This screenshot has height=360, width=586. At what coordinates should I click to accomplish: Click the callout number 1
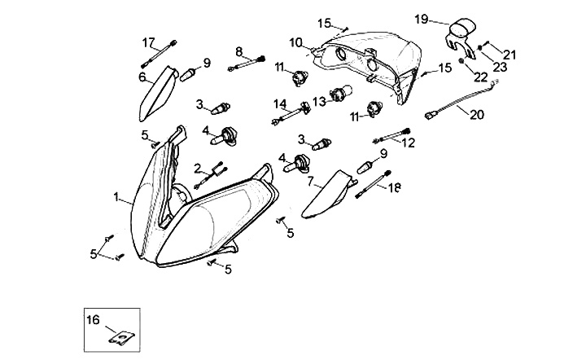point(117,196)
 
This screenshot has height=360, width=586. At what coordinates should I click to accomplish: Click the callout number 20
point(476,115)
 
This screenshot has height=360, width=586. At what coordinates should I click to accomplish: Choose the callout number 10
point(295,42)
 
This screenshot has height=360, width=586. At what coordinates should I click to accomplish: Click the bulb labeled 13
point(339,94)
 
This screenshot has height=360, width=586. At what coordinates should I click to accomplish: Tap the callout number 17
point(148,42)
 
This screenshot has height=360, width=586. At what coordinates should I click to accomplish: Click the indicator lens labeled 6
point(157,94)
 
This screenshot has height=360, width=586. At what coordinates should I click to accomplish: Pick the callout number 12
point(408,142)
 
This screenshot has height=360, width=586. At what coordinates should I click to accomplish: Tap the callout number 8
point(239,50)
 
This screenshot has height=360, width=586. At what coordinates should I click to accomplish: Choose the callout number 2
point(197,168)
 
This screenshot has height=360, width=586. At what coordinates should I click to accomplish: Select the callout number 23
point(500,67)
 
